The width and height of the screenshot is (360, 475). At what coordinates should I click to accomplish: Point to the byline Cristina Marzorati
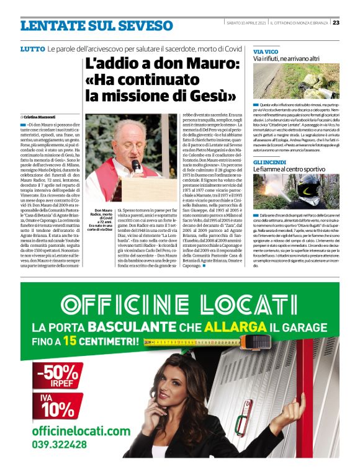click(42, 117)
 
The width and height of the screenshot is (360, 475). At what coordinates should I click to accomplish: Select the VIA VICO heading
click(266, 51)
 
